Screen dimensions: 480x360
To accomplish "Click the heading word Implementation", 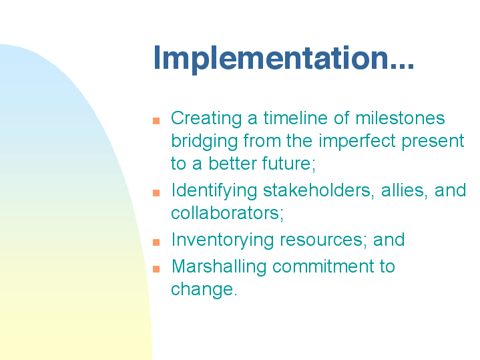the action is pos(284,59).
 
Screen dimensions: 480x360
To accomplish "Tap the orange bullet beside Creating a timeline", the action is pos(156,121).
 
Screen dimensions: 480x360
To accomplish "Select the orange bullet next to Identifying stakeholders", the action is pos(156,193).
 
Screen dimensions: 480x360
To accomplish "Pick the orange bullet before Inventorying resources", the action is pos(156,242).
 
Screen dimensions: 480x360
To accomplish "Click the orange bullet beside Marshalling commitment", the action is pos(156,268).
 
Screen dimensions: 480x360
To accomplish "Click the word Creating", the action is pos(206,119).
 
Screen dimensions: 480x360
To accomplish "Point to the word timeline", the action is pos(296,118).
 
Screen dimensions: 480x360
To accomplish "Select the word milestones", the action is pos(400,118).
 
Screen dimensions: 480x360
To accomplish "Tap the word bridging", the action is pos(204,142).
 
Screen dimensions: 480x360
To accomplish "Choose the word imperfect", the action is pos(357,142).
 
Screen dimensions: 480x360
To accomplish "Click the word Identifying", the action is pos(214,191).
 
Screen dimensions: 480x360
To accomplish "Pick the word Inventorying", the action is pos(222,240).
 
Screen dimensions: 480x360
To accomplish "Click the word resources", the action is pos(321,240).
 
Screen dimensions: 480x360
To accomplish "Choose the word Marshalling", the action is pos(219,267).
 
